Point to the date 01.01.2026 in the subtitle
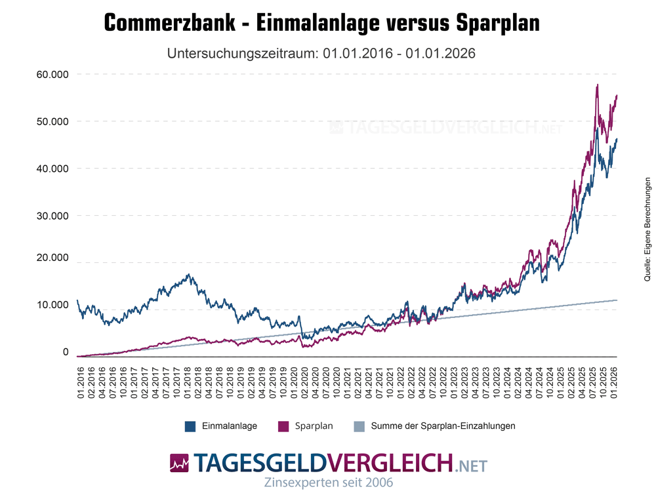tap(440, 53)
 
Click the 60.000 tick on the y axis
tap(53, 74)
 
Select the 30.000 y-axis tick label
tap(53, 216)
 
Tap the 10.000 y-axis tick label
tap(53, 305)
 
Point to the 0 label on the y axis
tap(65, 352)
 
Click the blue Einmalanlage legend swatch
tap(191, 426)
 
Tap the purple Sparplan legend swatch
tap(283, 426)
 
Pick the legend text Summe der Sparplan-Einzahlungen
tap(443, 426)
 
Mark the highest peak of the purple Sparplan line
tap(597, 85)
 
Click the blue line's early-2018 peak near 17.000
tap(189, 275)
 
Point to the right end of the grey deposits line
tap(617, 300)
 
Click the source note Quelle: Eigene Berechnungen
tap(647, 230)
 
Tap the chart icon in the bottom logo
tap(178, 463)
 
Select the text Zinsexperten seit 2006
tap(328, 483)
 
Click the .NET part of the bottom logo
tap(471, 466)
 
